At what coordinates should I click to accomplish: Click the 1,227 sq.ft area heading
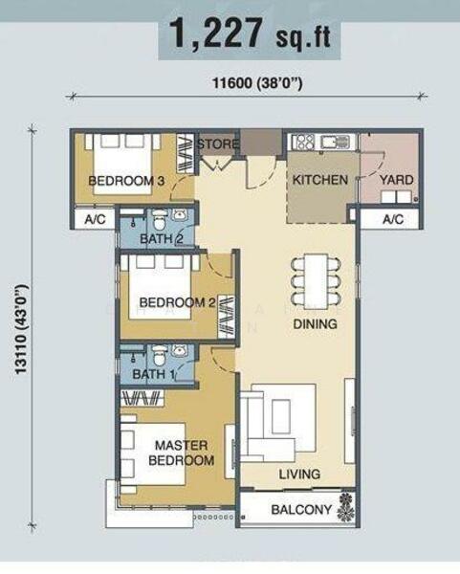[250, 34]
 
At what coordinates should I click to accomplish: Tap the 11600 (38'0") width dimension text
[257, 83]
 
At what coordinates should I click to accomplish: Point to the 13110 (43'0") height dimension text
[22, 329]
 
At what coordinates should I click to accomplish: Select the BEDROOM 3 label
[126, 181]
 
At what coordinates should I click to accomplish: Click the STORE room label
[218, 143]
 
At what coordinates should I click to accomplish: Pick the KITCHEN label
[320, 180]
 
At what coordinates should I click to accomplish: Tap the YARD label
[396, 180]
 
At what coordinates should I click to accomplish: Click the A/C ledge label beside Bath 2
[95, 219]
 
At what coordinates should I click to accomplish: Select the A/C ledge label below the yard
[393, 219]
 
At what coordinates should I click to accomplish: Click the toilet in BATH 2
[159, 219]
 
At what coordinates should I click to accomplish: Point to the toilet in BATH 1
[160, 355]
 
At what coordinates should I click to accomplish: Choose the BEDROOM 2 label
[177, 302]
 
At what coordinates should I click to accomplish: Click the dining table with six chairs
[316, 281]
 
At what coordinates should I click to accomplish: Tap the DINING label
[315, 324]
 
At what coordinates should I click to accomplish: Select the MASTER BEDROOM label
[182, 453]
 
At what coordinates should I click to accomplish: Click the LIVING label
[299, 475]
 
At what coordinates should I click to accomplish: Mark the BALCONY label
[301, 509]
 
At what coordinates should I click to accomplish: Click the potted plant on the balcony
[346, 507]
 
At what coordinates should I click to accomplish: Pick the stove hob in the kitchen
[303, 142]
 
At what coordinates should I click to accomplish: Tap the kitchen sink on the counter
[336, 142]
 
